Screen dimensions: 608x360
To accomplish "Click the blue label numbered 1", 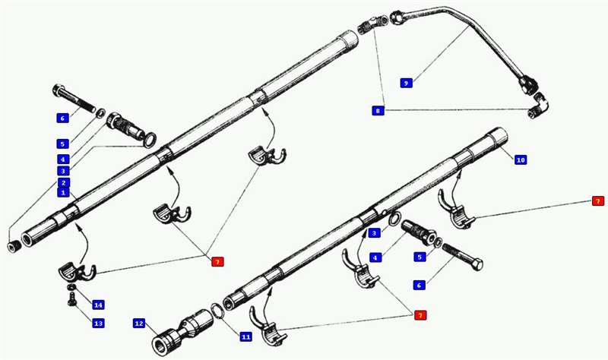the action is [x=63, y=192].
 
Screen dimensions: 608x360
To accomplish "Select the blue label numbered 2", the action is [x=64, y=183].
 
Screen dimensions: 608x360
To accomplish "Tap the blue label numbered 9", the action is [x=406, y=83].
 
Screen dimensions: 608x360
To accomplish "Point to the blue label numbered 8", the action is [x=378, y=110].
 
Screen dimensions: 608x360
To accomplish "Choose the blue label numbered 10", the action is [x=521, y=159].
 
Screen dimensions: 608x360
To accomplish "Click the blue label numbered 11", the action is [x=245, y=336].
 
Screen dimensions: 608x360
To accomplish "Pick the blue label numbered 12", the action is [x=139, y=324].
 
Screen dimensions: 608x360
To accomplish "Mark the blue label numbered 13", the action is [x=98, y=324].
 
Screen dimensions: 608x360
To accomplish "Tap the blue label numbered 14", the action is [x=98, y=305].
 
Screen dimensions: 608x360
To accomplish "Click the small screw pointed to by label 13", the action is [x=71, y=298].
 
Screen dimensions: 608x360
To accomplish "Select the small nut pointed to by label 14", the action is [x=71, y=287].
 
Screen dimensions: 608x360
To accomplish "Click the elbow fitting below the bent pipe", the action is [x=538, y=106].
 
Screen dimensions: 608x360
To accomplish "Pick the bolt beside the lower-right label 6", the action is [x=462, y=257].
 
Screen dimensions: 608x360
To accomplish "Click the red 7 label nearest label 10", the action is [x=597, y=201].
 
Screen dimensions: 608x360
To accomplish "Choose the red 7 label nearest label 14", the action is [x=217, y=261].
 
